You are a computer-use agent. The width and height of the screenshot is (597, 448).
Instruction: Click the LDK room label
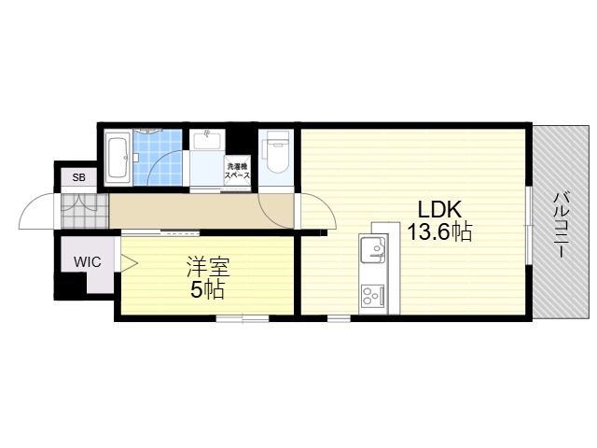click(439, 209)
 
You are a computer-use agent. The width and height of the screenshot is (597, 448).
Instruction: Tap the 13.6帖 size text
click(439, 231)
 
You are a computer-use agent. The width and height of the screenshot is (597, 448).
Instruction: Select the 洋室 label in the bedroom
click(208, 267)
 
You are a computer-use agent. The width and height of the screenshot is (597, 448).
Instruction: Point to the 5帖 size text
click(207, 290)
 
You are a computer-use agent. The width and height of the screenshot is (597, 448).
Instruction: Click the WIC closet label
click(87, 262)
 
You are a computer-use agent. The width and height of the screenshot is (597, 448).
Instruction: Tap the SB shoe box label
click(79, 177)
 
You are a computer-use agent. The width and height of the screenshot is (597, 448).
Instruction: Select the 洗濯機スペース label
click(237, 171)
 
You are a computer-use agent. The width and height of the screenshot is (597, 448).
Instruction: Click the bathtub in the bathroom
click(118, 158)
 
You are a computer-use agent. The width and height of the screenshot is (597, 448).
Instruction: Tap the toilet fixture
click(277, 150)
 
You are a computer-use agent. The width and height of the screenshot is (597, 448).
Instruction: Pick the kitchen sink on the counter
click(372, 249)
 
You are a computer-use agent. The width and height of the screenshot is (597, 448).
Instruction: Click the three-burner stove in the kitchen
click(372, 295)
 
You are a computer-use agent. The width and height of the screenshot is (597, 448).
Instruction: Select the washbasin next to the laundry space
click(207, 139)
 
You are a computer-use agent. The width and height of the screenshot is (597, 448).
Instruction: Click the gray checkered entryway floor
click(85, 211)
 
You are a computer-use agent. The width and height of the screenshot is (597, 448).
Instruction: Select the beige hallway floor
click(201, 211)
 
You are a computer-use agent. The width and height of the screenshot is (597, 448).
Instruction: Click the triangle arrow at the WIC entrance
click(129, 262)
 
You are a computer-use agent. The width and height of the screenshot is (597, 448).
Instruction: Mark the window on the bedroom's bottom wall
click(243, 318)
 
